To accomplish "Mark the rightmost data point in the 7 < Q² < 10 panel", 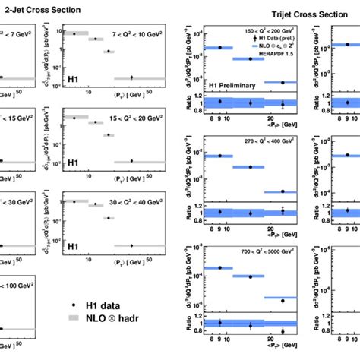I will coord(132,77).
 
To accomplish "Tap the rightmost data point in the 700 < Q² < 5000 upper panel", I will coord(283,300).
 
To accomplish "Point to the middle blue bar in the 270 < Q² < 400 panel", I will coord(250,167).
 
